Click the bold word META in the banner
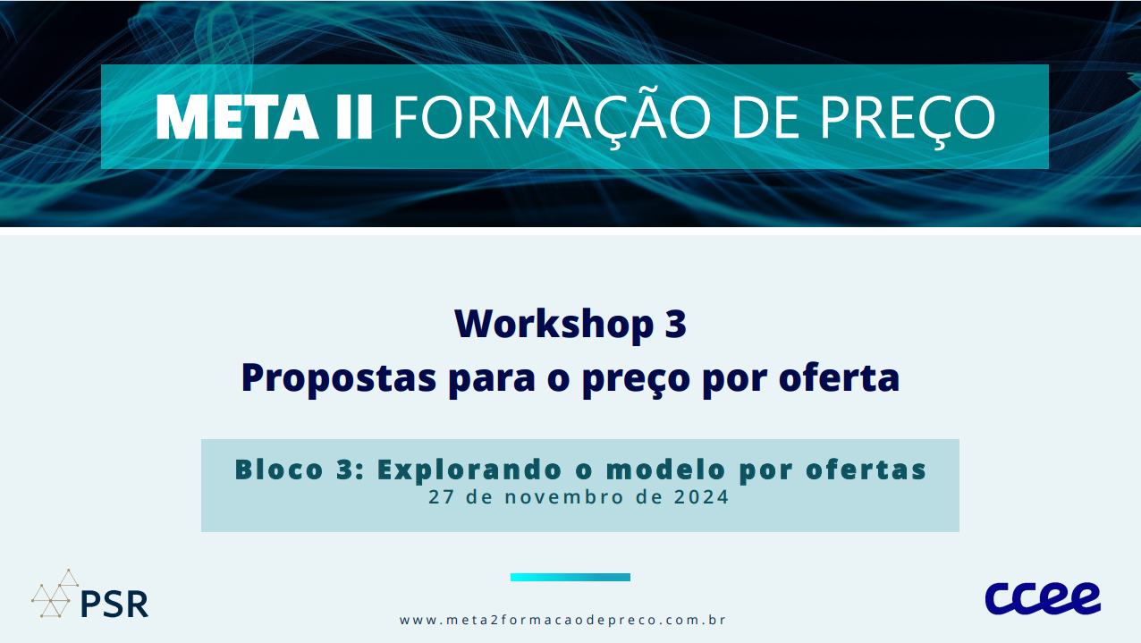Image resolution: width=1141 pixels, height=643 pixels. pos(237,116)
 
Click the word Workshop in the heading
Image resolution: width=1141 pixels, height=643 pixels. pos(554,325)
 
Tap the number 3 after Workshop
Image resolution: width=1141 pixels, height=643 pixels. pos(675,324)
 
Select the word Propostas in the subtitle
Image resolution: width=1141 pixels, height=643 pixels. pos(339,378)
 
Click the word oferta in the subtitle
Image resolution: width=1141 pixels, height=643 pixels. pos(839,377)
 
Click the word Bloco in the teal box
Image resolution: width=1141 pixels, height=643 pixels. pos(279,470)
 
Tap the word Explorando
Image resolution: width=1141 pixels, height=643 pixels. pos(469,470)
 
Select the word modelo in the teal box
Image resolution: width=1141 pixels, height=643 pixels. pos(665,470)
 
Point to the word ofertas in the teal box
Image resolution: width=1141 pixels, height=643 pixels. pos(866,470)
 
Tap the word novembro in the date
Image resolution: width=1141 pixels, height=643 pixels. pos(564,497)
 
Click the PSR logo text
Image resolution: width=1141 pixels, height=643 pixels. pos(114,605)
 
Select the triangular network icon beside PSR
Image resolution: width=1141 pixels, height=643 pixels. pos(55,594)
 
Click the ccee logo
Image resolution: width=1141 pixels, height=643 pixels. pos(1043,598)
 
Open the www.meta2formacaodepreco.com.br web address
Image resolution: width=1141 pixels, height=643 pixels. pos(562,620)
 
